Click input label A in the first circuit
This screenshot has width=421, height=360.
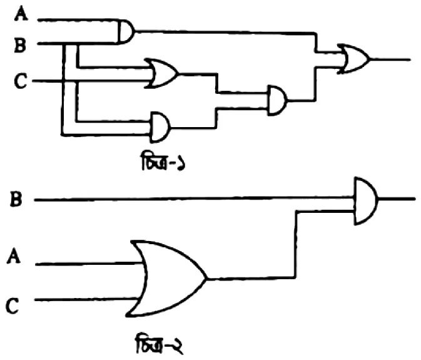pyautogui.click(x=21, y=14)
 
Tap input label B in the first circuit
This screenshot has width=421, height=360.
pyautogui.click(x=21, y=46)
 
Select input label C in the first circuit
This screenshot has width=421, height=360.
pyautogui.click(x=21, y=81)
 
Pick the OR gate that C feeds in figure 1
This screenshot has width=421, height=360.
pyautogui.click(x=161, y=73)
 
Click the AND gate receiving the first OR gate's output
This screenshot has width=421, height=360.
pyautogui.click(x=277, y=101)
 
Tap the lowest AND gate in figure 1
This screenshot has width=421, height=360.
pyautogui.click(x=160, y=127)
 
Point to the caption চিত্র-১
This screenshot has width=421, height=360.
pyautogui.click(x=163, y=161)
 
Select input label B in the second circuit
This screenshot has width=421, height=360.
pyautogui.click(x=16, y=199)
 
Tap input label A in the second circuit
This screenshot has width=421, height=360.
pyautogui.click(x=14, y=256)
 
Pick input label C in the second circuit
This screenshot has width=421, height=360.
pyautogui.click(x=13, y=306)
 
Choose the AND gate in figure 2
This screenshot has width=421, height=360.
pyautogui.click(x=366, y=201)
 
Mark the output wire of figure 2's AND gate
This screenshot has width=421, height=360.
pyautogui.click(x=397, y=199)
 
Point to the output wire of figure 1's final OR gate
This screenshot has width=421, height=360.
pyautogui.click(x=390, y=59)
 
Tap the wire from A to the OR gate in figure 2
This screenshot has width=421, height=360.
pyautogui.click(x=89, y=264)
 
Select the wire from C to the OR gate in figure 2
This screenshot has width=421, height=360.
pyautogui.click(x=86, y=299)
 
